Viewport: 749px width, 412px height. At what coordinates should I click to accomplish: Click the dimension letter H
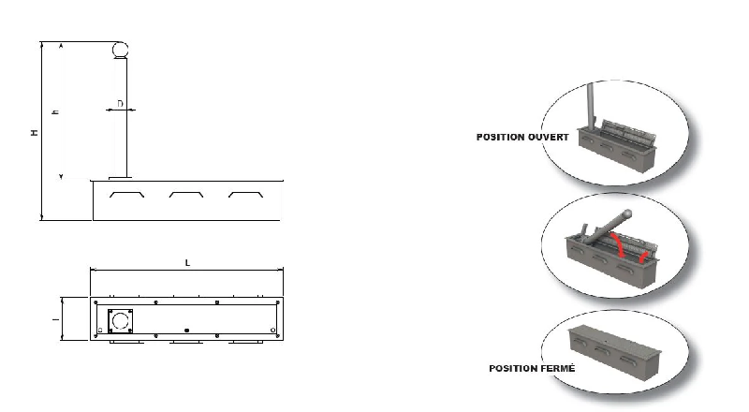35,132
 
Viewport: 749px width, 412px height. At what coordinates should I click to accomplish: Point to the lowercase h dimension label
56,111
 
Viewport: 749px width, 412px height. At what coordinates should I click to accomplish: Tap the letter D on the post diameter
120,103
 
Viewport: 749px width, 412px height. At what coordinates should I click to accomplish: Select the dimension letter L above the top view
187,262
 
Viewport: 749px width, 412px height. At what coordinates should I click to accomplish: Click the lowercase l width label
55,318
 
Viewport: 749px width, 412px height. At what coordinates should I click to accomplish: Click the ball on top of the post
120,50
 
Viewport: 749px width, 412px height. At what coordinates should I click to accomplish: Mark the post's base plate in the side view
120,178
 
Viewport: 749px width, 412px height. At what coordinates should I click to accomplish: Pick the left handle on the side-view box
126,195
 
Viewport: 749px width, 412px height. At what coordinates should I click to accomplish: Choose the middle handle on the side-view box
186,195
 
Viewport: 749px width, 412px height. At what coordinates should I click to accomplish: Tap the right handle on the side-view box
245,195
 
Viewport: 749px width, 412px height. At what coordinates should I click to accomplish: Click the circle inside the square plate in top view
121,321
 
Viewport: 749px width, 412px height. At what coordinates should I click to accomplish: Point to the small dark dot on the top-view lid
186,331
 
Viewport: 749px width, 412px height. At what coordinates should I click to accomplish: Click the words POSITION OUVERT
522,137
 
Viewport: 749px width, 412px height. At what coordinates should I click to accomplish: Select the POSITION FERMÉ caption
532,369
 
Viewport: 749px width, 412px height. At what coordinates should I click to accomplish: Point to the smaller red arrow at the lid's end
644,257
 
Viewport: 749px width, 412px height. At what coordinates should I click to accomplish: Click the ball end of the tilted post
627,213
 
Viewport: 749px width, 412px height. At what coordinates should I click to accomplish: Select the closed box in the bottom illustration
615,352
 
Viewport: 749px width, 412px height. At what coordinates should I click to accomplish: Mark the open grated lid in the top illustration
625,133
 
